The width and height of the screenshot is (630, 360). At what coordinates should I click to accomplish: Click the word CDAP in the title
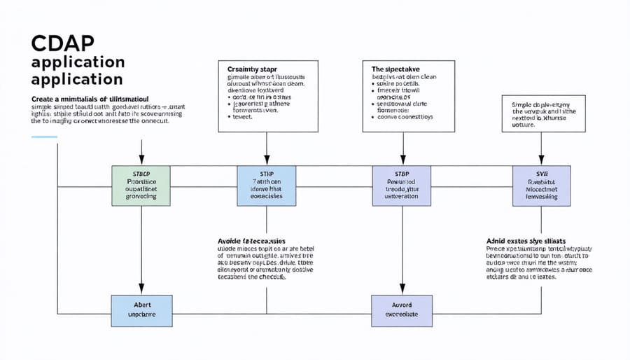point(61,43)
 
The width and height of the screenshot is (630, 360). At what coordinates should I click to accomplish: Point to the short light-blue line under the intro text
point(43,137)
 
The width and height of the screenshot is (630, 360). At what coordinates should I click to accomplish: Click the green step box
point(141,186)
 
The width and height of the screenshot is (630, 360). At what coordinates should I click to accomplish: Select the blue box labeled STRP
point(265,186)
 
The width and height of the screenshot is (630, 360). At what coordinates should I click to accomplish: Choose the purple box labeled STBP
point(402,186)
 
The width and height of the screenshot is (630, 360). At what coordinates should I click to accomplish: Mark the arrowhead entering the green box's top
point(141,162)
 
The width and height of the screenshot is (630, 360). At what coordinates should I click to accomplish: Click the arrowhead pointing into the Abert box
point(141,289)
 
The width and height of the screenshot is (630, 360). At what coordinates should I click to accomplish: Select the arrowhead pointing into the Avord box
point(402,289)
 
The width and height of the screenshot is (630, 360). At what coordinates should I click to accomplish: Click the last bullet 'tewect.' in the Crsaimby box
point(244,117)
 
